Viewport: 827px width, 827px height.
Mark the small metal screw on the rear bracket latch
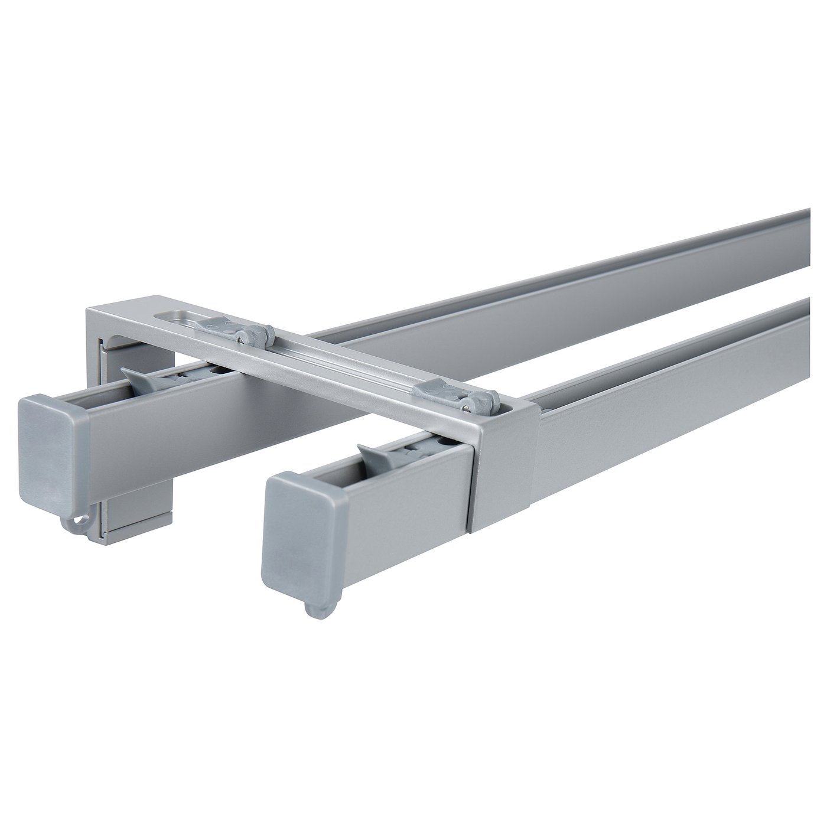click(x=241, y=338)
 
